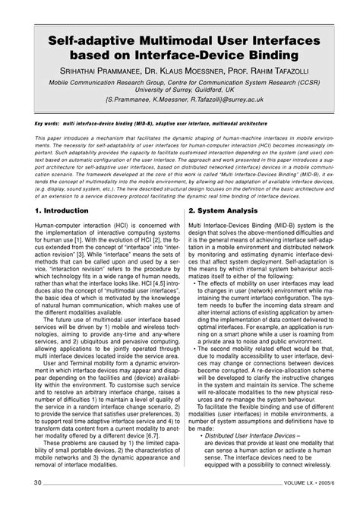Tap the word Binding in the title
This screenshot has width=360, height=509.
click(272, 56)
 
